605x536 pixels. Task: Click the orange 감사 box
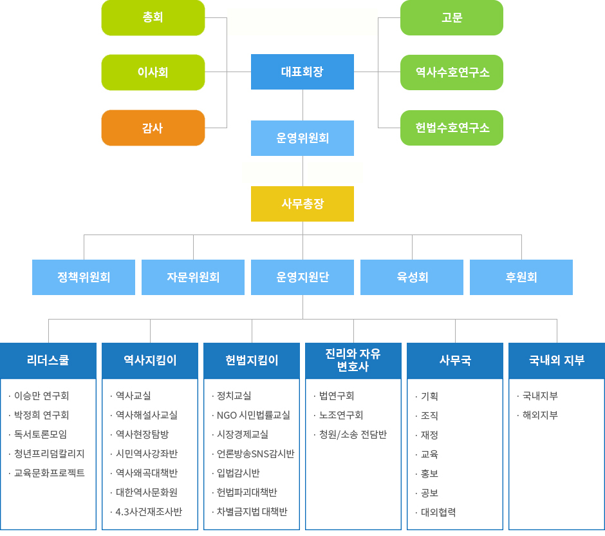153,128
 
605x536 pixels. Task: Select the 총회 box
153,18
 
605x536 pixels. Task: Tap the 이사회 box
153,72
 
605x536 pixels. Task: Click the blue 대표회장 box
302,72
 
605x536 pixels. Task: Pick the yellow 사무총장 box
302,204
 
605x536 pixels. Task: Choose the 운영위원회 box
302,139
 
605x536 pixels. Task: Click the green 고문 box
452,18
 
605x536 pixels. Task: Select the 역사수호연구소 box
452,72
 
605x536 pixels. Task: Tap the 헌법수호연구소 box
452,128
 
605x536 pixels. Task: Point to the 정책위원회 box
83,277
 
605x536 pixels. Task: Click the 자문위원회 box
193,277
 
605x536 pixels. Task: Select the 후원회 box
521,277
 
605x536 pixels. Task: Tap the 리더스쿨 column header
48,361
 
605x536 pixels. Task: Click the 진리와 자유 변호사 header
353,361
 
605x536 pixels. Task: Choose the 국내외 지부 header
557,361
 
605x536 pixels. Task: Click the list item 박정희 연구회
41,415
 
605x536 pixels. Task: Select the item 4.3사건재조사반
149,512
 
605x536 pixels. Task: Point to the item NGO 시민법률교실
254,415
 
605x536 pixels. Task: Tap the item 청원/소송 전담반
353,434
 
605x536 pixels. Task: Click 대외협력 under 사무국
438,512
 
